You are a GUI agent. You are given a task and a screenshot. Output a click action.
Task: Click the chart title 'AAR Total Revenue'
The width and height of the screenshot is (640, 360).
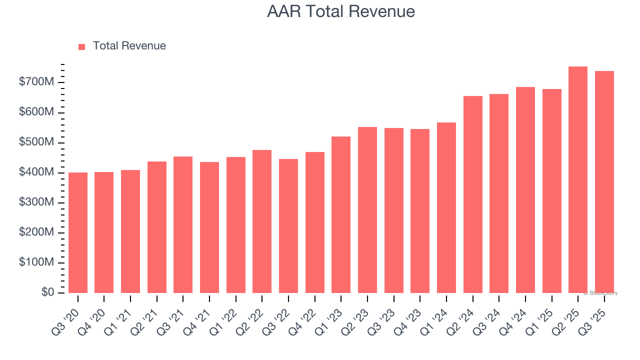341,11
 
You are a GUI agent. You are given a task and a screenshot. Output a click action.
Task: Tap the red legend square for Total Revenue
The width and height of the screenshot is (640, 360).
82,46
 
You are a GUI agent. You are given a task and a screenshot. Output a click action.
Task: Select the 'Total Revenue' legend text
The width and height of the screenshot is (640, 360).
129,46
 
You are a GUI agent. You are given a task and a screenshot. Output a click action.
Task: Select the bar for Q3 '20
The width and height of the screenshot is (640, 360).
78,233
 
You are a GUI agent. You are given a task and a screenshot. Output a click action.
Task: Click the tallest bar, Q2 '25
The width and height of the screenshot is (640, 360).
578,180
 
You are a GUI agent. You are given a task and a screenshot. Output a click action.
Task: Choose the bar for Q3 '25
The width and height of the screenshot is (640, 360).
604,182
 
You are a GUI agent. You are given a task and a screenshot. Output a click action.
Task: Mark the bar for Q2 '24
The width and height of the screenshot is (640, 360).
473,194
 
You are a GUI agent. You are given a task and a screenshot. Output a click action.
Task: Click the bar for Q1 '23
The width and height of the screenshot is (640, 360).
341,215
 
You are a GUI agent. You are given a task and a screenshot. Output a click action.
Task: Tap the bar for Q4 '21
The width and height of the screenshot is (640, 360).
209,227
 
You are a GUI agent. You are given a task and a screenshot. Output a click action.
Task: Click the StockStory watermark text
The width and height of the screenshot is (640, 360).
600,293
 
